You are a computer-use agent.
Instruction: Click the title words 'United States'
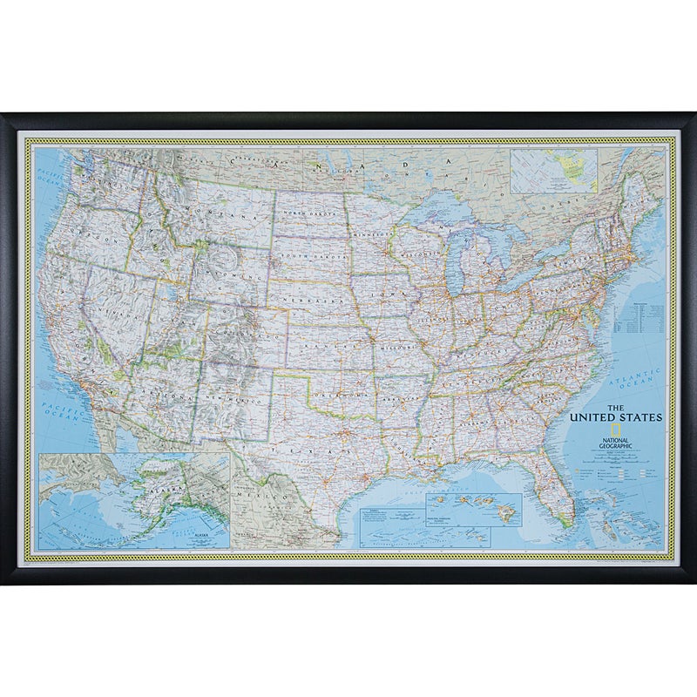[616, 416]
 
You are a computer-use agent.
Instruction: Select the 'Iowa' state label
[383, 294]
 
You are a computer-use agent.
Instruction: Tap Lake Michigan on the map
[457, 267]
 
